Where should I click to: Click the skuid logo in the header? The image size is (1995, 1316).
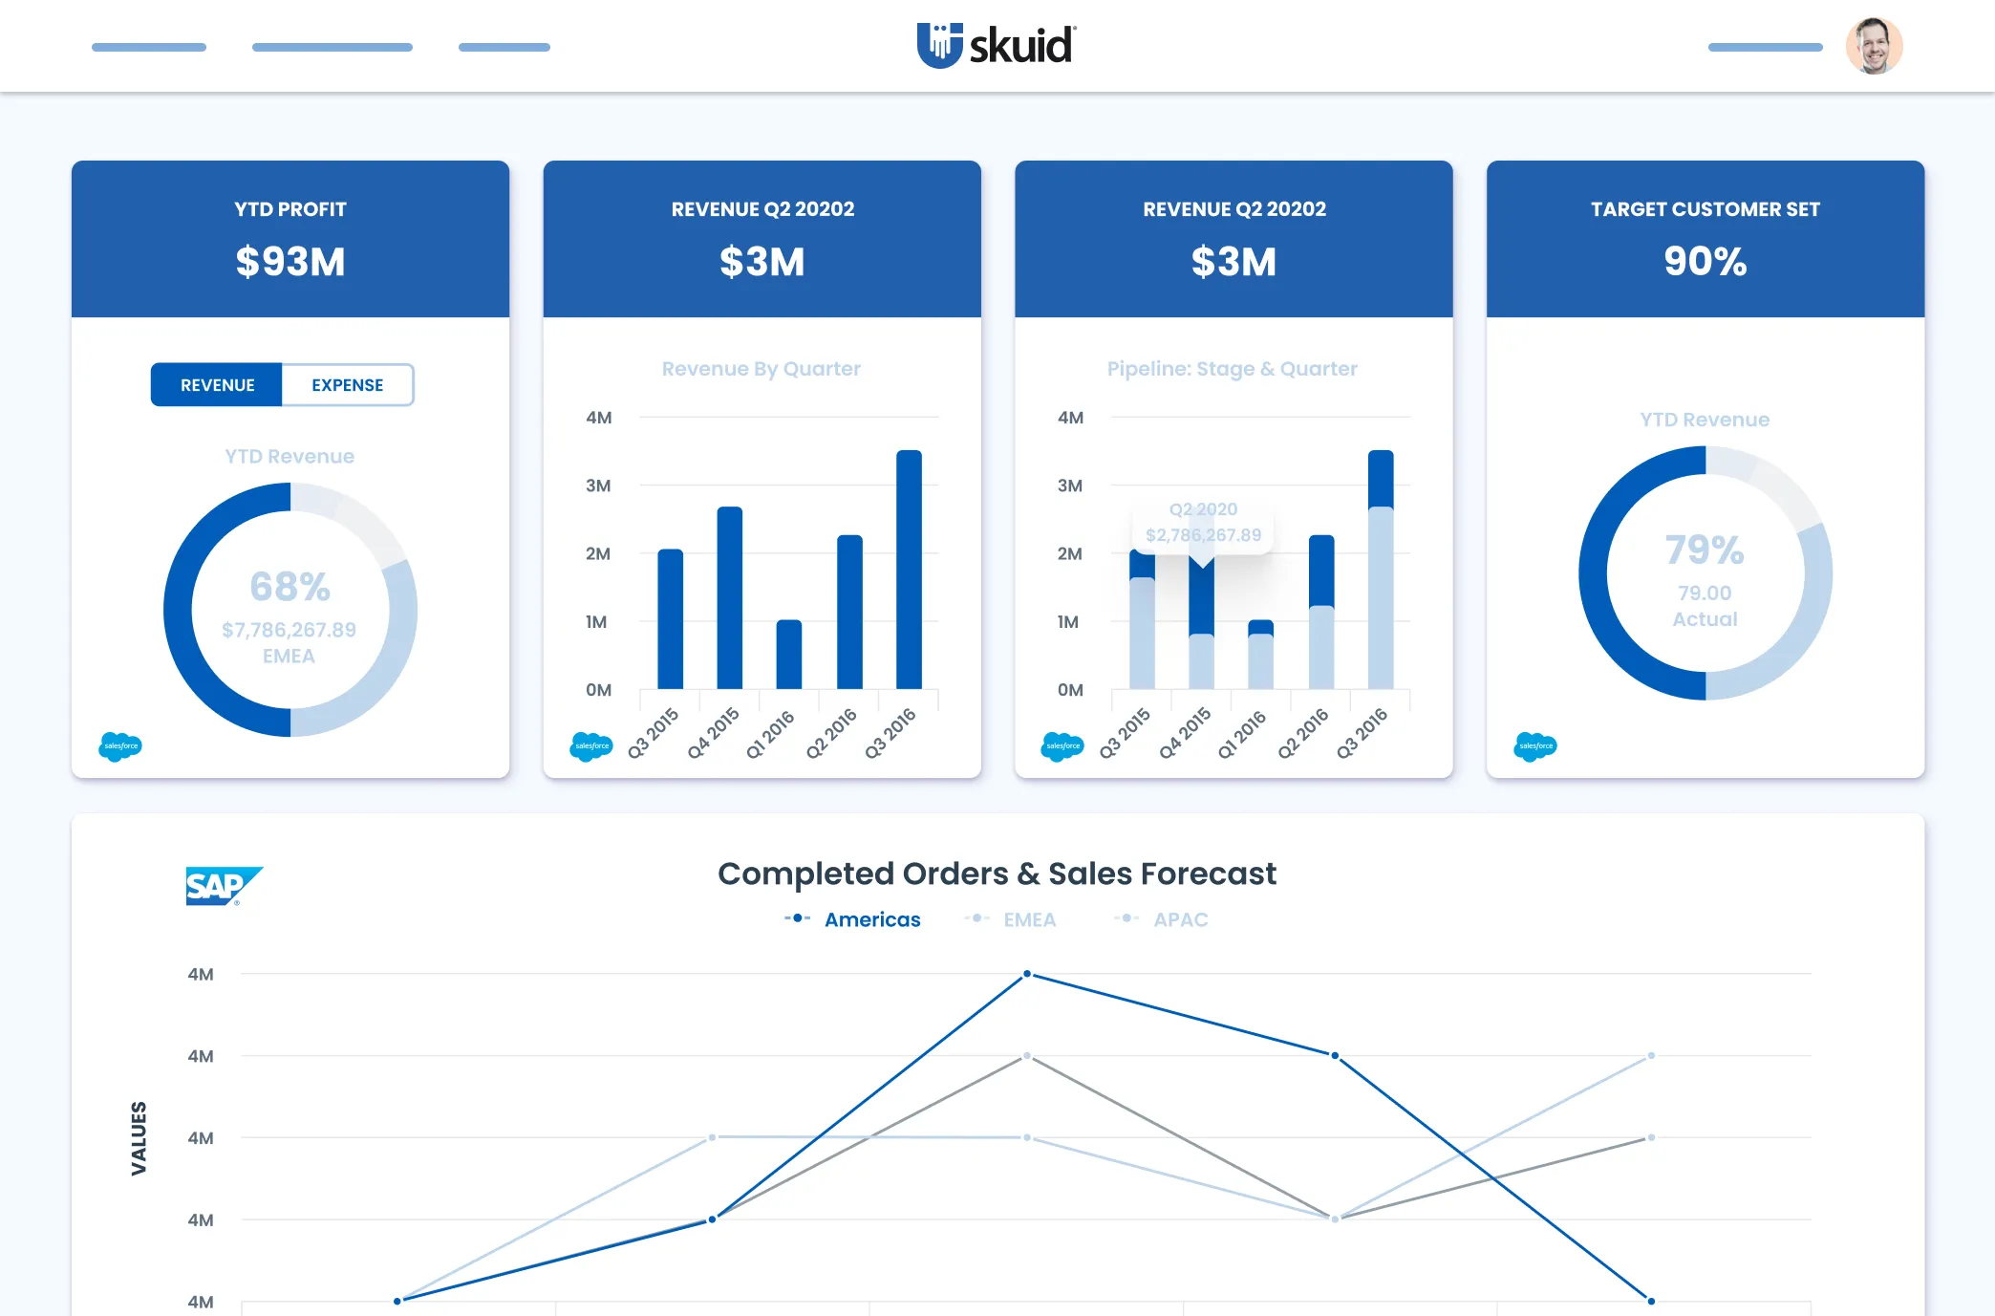pos(997,45)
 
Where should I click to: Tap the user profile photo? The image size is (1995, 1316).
pos(1874,46)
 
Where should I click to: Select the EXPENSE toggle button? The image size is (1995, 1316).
pos(347,385)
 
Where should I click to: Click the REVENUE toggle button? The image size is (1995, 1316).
pos(217,385)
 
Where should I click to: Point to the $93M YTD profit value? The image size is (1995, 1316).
pos(290,262)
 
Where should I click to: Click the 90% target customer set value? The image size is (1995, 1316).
pos(1705,261)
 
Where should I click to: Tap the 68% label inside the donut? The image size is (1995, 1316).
pos(290,587)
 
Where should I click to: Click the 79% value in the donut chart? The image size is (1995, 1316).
pos(1705,550)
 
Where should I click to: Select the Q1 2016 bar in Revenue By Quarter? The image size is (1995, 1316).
pos(789,655)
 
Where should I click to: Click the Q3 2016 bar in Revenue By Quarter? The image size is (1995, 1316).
pos(909,570)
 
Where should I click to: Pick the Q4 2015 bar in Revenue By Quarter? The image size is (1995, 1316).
pos(729,597)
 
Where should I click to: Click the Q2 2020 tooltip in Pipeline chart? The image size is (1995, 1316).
pos(1203,523)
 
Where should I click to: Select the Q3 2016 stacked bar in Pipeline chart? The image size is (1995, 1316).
pos(1381,570)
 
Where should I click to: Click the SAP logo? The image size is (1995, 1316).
pos(223,886)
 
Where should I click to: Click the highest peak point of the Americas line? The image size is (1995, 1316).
pos(1027,974)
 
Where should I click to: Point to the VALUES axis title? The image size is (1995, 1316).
pos(139,1137)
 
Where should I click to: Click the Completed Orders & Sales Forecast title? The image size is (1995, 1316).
pos(997,874)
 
